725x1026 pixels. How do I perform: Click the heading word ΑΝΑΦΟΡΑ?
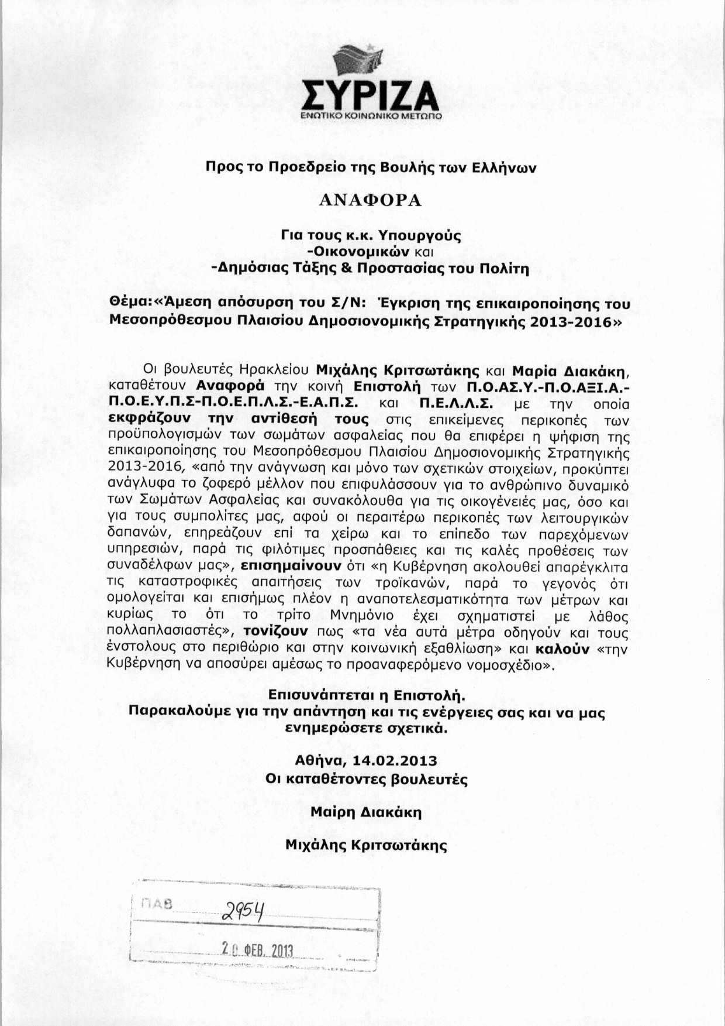370,201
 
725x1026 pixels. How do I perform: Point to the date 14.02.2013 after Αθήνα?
399,760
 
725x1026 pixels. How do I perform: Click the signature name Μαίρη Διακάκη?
366,813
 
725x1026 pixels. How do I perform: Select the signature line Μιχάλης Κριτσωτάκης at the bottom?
366,846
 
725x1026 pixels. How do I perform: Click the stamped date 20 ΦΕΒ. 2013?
257,950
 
